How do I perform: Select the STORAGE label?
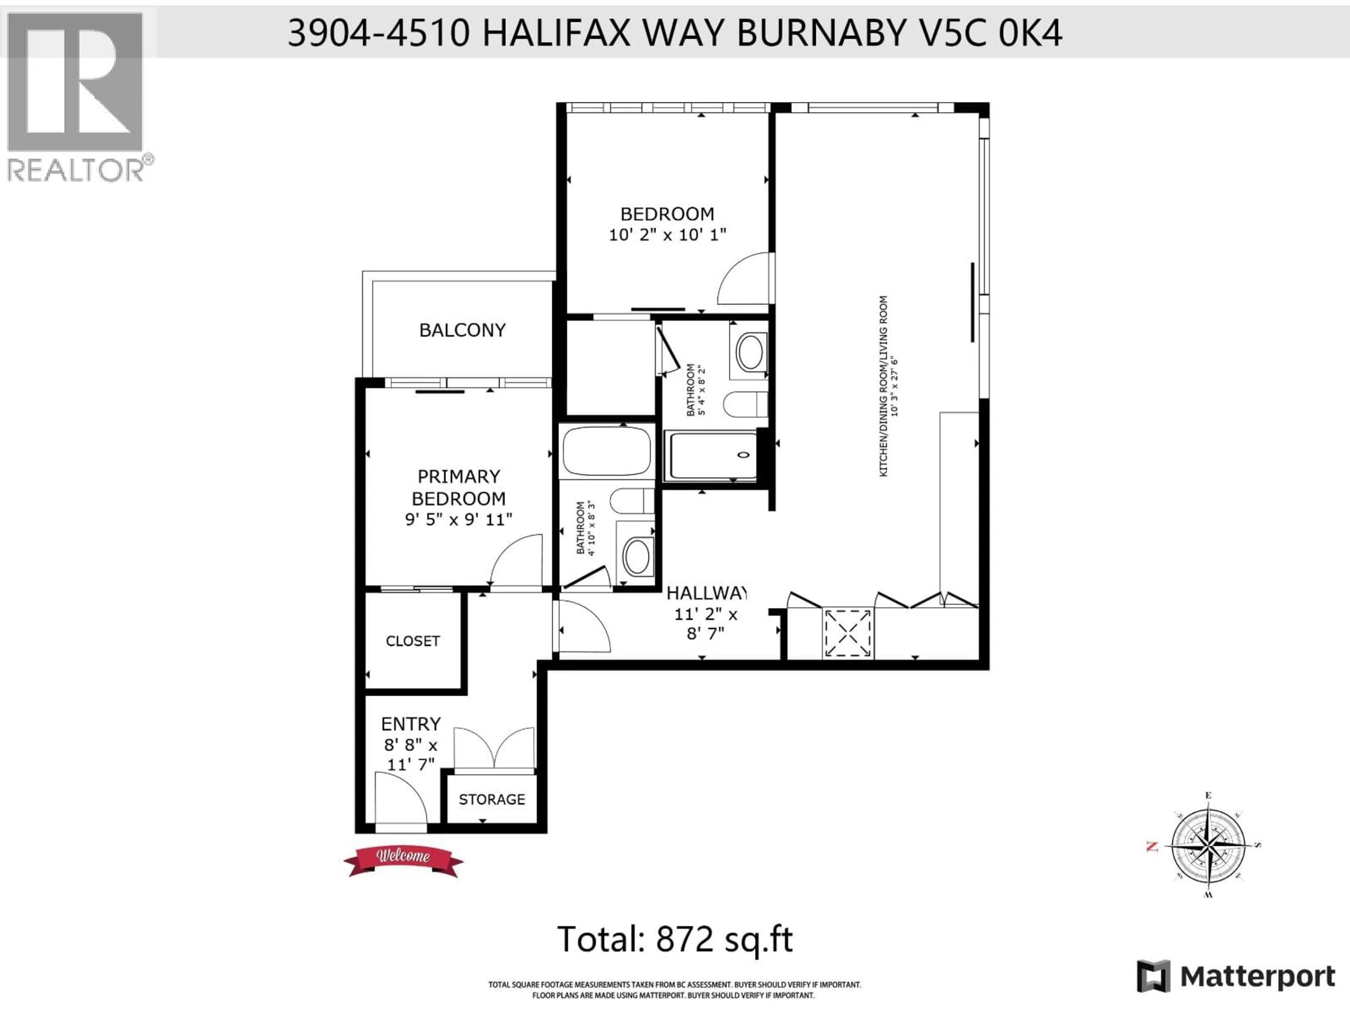click(x=491, y=799)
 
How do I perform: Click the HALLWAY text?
click(x=706, y=593)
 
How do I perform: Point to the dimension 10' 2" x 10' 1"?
click(x=667, y=235)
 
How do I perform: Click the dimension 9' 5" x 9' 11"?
click(x=458, y=520)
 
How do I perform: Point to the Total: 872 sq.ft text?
click(x=675, y=939)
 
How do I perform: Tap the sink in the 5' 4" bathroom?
click(x=750, y=352)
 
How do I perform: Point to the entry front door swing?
click(x=397, y=799)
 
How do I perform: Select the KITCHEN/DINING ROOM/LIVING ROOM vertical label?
click(x=883, y=386)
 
